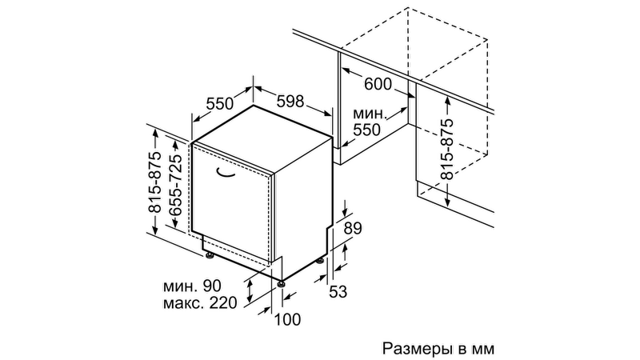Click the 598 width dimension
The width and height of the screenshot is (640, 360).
(x=290, y=101)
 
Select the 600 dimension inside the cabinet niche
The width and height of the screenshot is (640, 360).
(x=378, y=84)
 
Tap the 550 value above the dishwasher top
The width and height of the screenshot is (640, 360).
(x=219, y=104)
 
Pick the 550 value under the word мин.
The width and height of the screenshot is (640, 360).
(x=366, y=130)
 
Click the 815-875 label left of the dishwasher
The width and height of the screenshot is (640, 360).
(x=155, y=182)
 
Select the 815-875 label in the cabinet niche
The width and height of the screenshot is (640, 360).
(x=447, y=149)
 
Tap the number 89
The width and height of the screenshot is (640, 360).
(x=353, y=228)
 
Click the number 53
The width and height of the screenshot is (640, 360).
(x=338, y=291)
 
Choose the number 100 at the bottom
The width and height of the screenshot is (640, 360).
(x=287, y=319)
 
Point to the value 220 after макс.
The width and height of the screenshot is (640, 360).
(x=223, y=302)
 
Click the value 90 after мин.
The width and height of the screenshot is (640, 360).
(x=211, y=286)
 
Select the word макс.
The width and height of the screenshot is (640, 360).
(x=182, y=303)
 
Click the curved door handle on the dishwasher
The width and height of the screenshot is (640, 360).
(x=226, y=174)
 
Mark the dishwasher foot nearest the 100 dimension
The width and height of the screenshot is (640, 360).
(x=281, y=284)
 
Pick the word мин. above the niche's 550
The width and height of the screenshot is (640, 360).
(x=369, y=114)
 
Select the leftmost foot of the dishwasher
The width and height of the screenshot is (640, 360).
(x=210, y=256)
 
